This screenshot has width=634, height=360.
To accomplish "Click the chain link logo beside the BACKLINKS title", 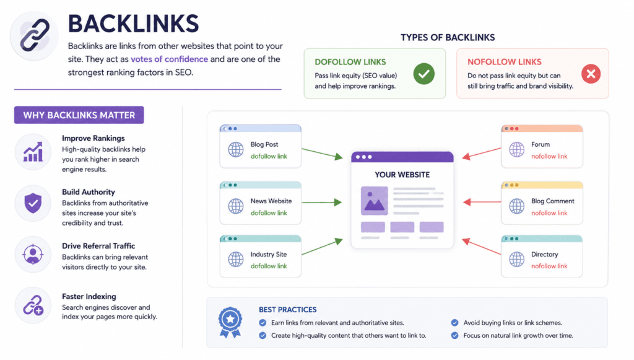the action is tap(34, 35).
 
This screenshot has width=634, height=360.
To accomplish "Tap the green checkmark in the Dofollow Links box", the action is tap(423, 74).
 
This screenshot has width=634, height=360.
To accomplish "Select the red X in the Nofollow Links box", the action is tap(591, 74).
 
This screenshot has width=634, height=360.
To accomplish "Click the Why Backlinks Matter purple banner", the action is tap(79, 115).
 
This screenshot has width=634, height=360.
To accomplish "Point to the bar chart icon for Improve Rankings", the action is tap(33, 152).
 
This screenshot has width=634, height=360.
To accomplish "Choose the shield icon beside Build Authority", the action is tap(33, 203).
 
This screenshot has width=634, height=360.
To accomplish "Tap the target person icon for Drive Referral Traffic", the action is tap(33, 255).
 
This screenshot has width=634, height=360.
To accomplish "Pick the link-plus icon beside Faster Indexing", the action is tap(33, 305).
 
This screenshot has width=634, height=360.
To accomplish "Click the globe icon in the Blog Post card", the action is tap(236, 149).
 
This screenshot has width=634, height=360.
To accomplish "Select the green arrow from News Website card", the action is tap(322, 202).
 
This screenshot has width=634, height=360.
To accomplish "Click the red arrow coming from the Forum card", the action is tap(482, 153).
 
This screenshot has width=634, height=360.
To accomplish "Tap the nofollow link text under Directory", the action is tap(549, 266).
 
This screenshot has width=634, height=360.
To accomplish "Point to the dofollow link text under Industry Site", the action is tap(269, 266).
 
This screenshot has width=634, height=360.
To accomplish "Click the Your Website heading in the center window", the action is tap(402, 175).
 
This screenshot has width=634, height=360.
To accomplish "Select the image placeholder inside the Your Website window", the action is tap(375, 201).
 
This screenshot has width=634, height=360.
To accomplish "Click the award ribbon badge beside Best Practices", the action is tap(230, 322).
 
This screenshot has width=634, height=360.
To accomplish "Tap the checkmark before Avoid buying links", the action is tap(455, 323).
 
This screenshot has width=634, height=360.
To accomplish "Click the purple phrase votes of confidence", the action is tap(170, 59).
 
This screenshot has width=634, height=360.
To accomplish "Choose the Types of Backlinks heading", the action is tap(448, 38).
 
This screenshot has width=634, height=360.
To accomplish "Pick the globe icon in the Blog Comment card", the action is tap(517, 206).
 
